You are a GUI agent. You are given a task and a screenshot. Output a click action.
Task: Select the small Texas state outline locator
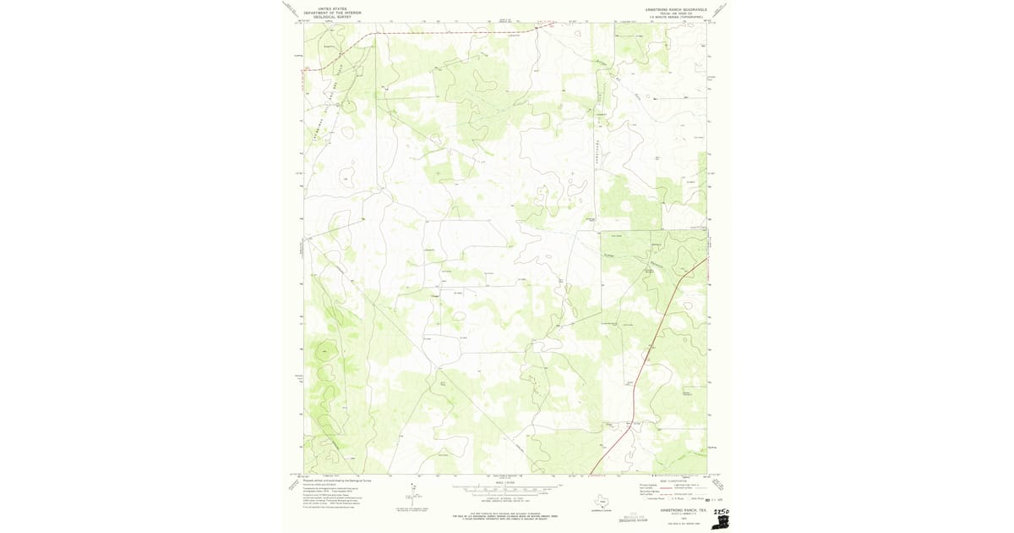click(x=602, y=498)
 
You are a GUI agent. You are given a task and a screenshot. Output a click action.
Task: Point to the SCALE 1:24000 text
click(x=505, y=483)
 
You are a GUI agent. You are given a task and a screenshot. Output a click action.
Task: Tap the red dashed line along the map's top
click(x=439, y=35)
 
